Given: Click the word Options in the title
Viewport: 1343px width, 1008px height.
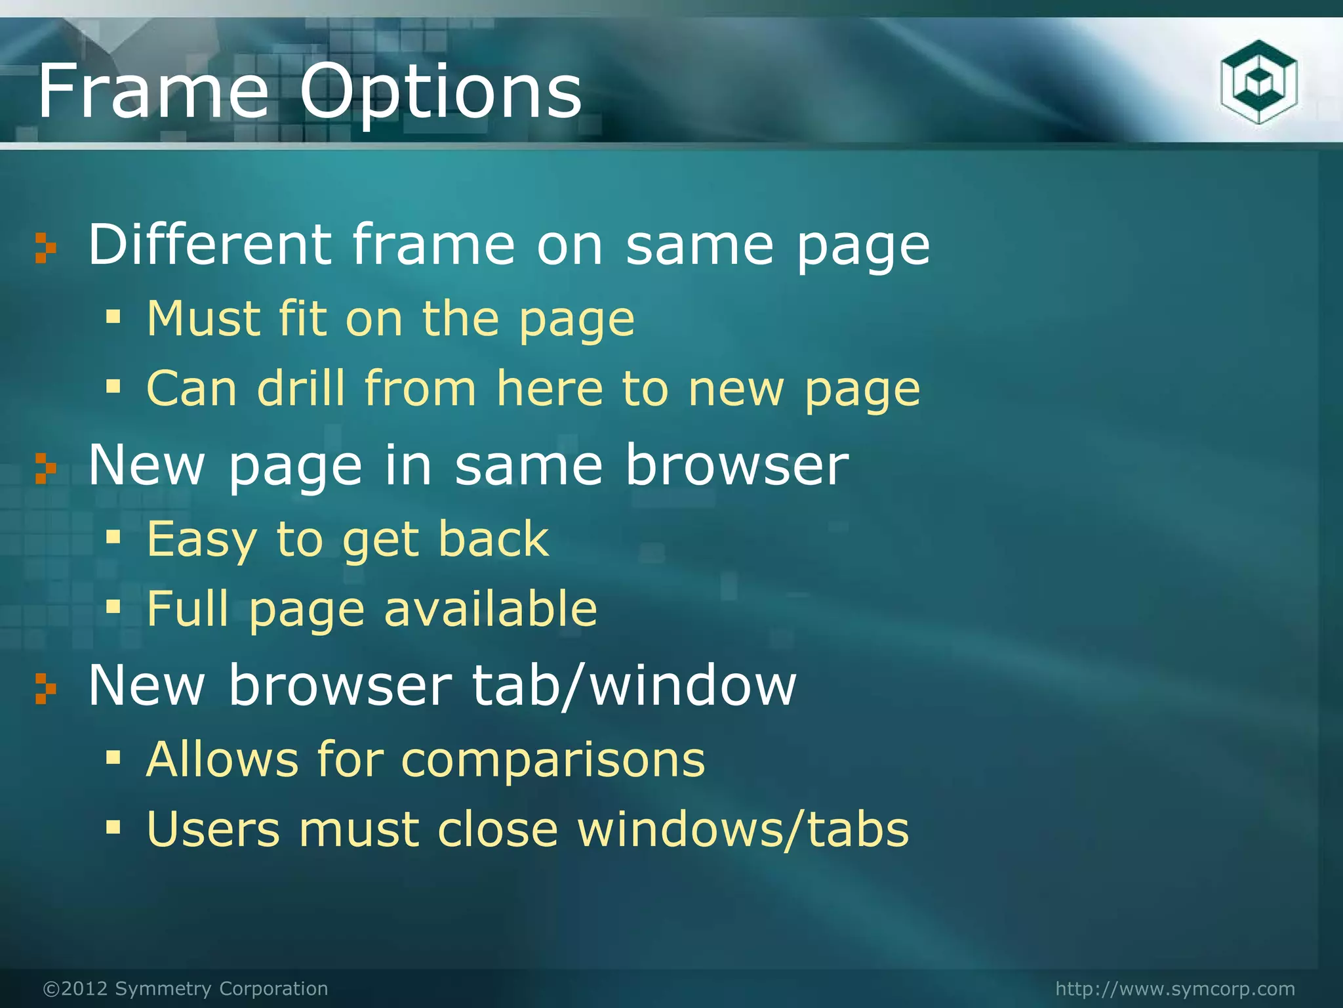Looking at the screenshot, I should [x=441, y=93].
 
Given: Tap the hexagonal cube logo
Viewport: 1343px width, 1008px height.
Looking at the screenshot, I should [x=1258, y=83].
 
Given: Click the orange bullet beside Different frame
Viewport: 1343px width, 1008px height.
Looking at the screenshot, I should [x=45, y=248].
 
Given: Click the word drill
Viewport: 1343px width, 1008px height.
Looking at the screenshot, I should [x=301, y=388].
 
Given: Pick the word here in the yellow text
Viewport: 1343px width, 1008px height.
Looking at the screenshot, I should [x=548, y=388].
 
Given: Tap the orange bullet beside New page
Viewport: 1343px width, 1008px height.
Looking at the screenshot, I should [x=45, y=469].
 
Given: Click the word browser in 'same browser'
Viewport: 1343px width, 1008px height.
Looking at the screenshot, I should [x=736, y=465].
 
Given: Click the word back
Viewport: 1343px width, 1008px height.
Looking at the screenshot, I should [x=493, y=539].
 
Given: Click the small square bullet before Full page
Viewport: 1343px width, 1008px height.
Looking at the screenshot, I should [x=113, y=607].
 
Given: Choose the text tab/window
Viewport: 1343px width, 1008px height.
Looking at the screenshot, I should [x=634, y=685].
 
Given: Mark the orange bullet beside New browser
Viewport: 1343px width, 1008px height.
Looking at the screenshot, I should [x=45, y=689].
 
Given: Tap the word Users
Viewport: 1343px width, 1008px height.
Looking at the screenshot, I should [x=212, y=829].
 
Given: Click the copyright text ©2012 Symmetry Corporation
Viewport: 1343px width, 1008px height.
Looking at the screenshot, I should [x=185, y=988].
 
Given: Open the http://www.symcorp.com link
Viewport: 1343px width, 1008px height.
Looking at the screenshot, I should [x=1175, y=988].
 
